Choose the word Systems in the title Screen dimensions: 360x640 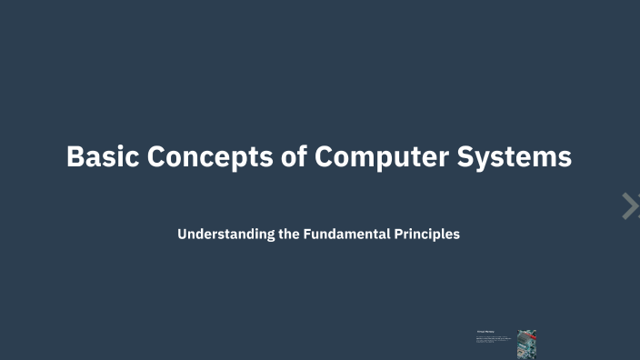pyautogui.click(x=519, y=157)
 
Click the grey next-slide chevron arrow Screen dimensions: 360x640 pyautogui.click(x=629, y=206)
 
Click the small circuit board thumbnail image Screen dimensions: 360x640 pyautogui.click(x=526, y=344)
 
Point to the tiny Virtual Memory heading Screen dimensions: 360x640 pyautogui.click(x=484, y=333)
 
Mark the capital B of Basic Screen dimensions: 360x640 pyautogui.click(x=75, y=156)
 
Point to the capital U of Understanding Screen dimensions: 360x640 pyautogui.click(x=183, y=234)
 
